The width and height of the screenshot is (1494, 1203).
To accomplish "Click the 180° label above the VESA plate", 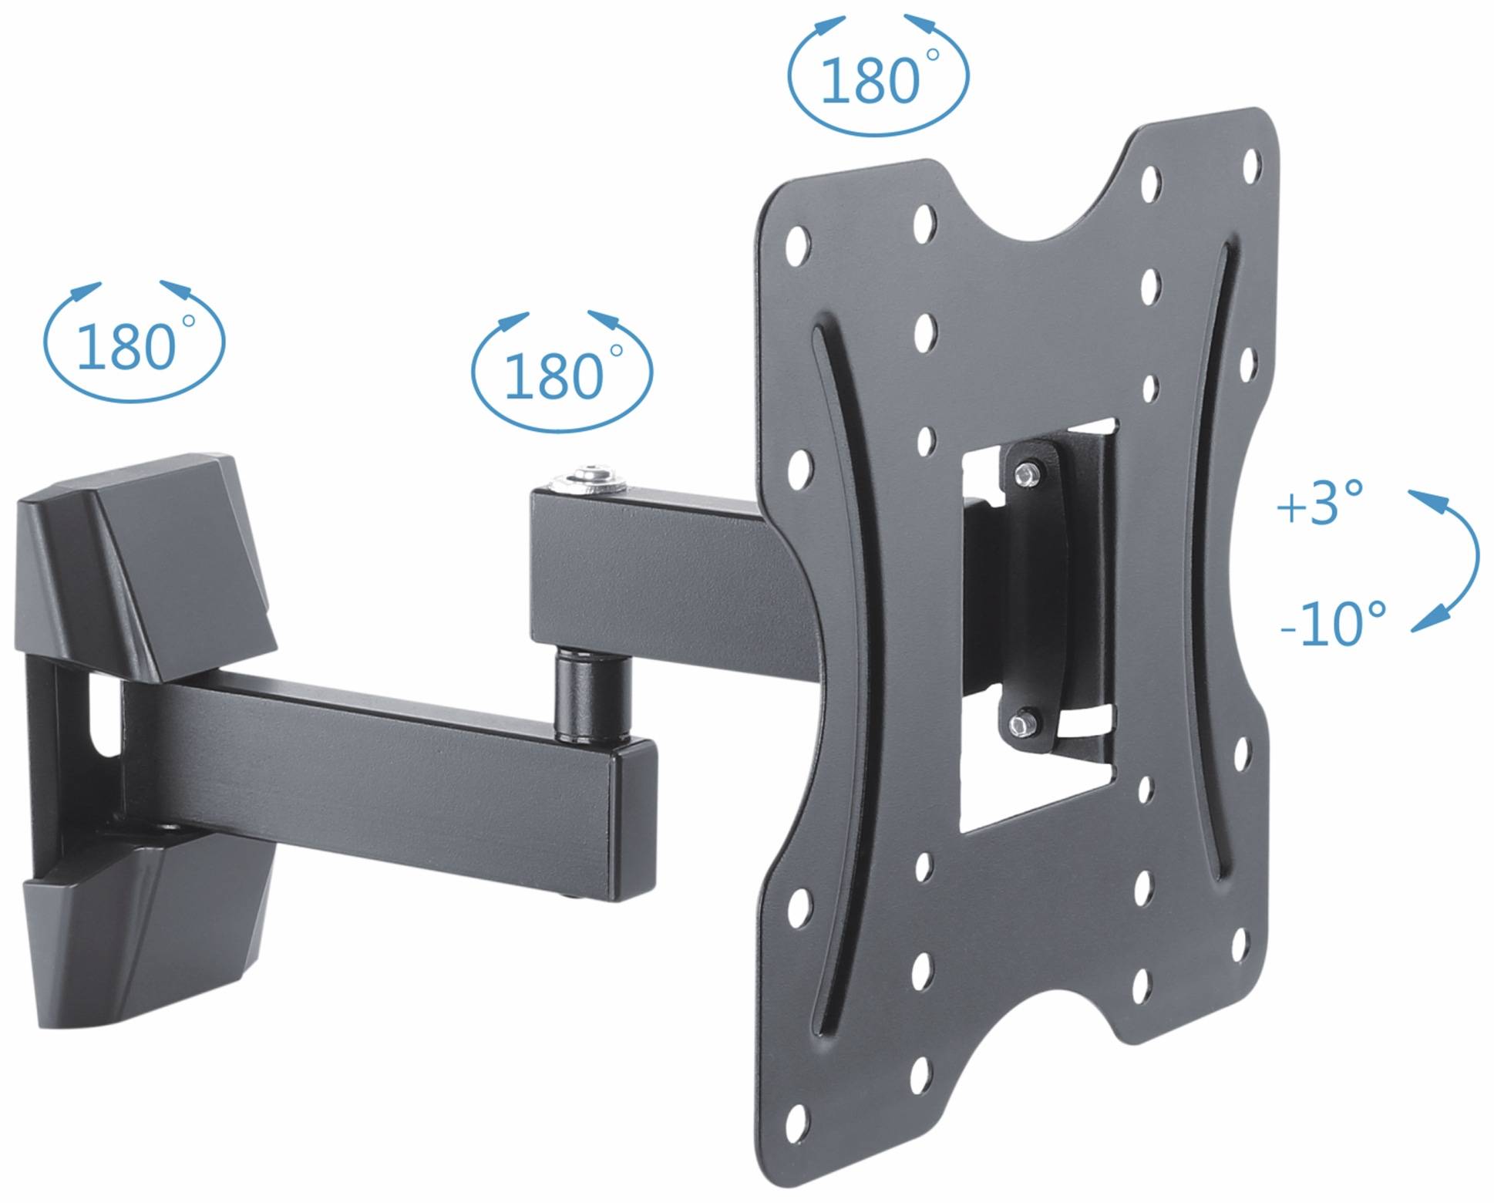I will coord(871,80).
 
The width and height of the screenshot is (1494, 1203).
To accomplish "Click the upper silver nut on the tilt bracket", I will coord(1026,473).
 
